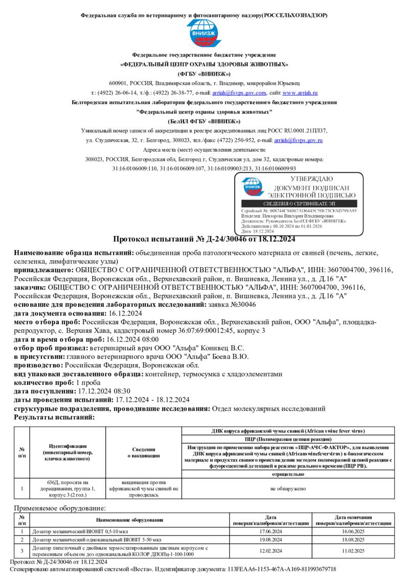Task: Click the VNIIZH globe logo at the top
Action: tap(204, 33)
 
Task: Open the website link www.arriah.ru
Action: tap(300, 93)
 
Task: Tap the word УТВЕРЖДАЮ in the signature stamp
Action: tap(311, 179)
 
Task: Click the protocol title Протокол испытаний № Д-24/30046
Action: tap(203, 239)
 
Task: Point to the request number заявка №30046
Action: tap(232, 304)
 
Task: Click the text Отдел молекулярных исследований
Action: tap(268, 408)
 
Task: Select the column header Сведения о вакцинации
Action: tap(143, 452)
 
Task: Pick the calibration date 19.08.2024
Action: tap(270, 539)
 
